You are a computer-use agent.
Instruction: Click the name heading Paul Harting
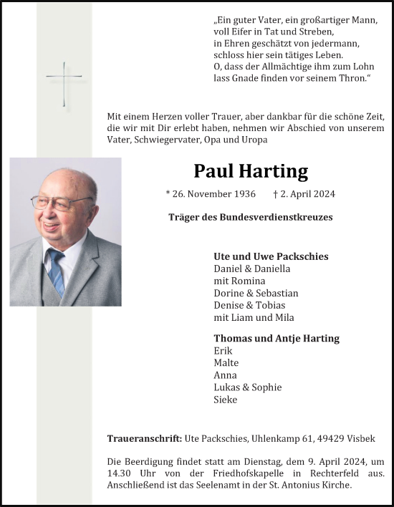251,171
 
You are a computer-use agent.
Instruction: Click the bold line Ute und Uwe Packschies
271,256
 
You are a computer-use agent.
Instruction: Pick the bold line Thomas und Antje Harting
277,338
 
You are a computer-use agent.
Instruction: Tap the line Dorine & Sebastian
256,293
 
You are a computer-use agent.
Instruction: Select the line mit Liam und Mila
254,317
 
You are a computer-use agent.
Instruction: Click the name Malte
225,362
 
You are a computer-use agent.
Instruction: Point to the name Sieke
225,400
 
